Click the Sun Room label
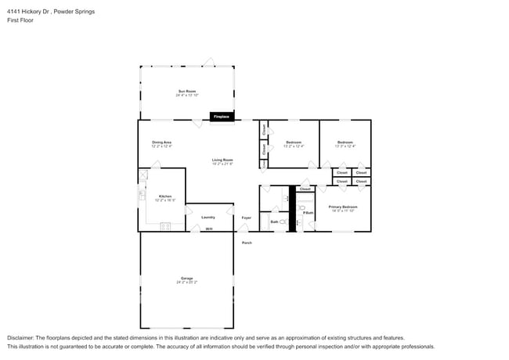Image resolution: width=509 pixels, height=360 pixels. click(186, 91)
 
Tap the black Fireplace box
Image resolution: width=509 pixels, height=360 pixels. click(222, 117)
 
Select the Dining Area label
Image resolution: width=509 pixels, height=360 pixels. click(161, 142)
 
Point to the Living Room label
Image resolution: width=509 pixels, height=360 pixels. click(222, 160)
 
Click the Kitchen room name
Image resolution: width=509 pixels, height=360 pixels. click(165, 196)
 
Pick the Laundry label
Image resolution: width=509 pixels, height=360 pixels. click(208, 217)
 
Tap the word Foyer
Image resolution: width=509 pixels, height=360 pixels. click(246, 217)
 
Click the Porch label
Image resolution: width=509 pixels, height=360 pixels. click(247, 243)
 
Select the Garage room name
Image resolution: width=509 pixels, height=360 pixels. click(186, 278)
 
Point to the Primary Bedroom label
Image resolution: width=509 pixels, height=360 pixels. click(343, 207)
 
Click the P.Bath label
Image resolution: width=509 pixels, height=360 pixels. click(309, 212)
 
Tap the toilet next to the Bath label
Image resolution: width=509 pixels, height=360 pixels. click(283, 222)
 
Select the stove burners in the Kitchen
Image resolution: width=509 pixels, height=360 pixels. click(165, 226)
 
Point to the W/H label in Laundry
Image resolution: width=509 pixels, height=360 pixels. click(208, 229)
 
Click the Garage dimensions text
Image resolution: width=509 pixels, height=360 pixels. click(186, 283)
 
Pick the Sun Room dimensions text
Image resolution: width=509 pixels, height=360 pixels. click(186, 95)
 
